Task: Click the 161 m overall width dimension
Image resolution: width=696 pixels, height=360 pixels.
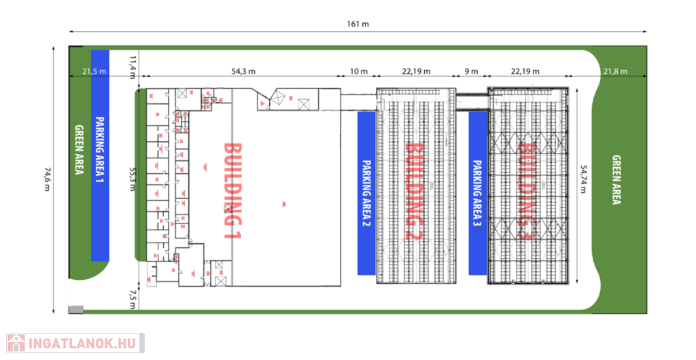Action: pyautogui.click(x=358, y=24)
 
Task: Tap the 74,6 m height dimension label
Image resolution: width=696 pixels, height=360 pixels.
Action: pyautogui.click(x=47, y=179)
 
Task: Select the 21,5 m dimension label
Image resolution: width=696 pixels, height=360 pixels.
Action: pyautogui.click(x=94, y=71)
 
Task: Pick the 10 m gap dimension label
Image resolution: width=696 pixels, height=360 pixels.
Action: pyautogui.click(x=358, y=71)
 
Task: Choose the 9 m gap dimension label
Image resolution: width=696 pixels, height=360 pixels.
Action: pyautogui.click(x=471, y=71)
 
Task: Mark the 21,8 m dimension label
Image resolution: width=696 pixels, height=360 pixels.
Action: pyautogui.click(x=616, y=71)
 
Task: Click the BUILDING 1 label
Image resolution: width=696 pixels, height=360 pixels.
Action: pyautogui.click(x=233, y=190)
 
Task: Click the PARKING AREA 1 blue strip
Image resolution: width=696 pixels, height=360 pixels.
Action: pyautogui.click(x=100, y=155)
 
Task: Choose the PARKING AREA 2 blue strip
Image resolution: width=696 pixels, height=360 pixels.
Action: pyautogui.click(x=366, y=193)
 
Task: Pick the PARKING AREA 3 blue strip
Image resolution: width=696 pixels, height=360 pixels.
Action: pyautogui.click(x=477, y=193)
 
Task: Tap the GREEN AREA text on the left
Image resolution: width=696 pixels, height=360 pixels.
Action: pyautogui.click(x=79, y=150)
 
